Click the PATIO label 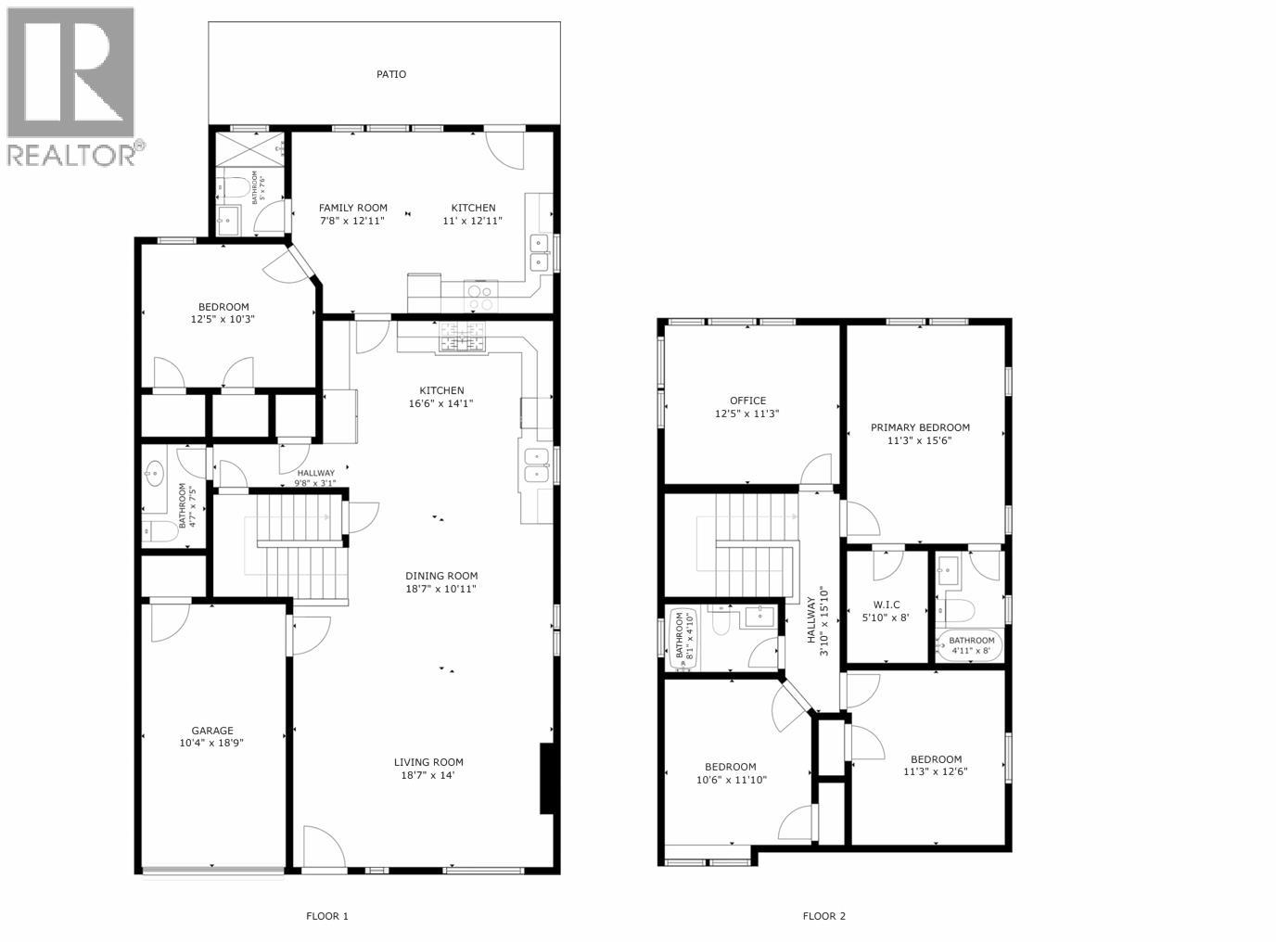tap(390, 74)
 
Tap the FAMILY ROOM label tap(352, 208)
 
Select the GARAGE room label tap(212, 730)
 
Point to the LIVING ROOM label tap(427, 762)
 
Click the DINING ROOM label tap(441, 575)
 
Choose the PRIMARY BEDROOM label tap(920, 427)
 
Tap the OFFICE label tap(747, 401)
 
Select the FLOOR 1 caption tap(327, 916)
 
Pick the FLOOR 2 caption tap(823, 916)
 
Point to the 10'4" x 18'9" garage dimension tap(212, 743)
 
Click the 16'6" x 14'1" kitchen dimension tap(441, 403)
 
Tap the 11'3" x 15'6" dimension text tap(920, 440)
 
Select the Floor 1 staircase tap(295, 547)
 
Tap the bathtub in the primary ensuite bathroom tap(968, 645)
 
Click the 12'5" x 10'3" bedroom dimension tap(223, 319)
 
